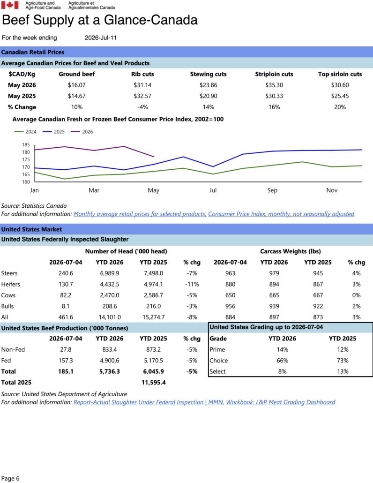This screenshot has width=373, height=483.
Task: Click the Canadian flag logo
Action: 10,5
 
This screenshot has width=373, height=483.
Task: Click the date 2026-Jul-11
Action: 101,38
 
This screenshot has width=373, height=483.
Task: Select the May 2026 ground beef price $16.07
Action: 77,85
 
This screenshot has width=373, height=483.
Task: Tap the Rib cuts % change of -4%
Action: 142,107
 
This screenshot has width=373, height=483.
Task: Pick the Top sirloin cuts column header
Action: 340,74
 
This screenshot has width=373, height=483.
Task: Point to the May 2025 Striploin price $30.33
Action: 274,96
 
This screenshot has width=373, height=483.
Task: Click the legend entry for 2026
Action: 82,132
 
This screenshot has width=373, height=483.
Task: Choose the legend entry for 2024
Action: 25,132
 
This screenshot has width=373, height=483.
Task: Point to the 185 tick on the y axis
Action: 26,145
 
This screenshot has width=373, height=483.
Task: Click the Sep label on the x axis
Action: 272,190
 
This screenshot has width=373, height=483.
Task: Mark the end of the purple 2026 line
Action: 154,157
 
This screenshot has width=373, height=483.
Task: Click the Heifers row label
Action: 10,284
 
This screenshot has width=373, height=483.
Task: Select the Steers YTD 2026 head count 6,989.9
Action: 110,273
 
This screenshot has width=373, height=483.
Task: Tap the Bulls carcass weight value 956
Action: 230,307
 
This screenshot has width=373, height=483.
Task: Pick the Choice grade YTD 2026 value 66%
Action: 282,361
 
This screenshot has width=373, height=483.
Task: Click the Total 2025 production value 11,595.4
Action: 154,383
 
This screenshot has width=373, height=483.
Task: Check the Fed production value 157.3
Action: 66,361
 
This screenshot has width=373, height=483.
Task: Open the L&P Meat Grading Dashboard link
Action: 281,402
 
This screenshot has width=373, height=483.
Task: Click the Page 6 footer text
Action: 10,478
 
